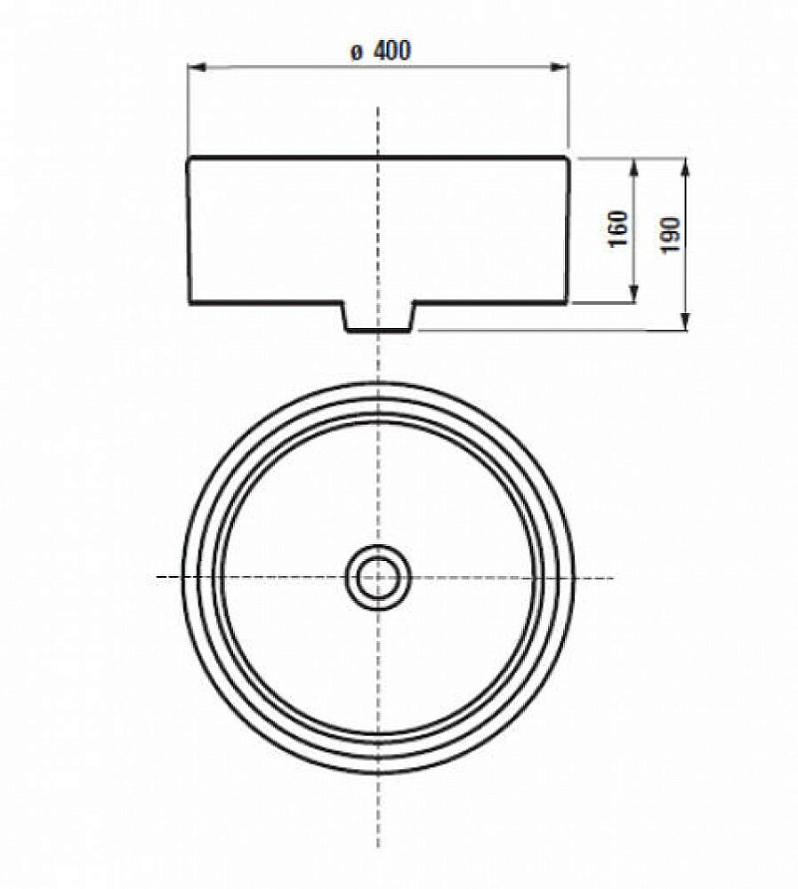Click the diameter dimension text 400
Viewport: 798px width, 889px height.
coord(392,52)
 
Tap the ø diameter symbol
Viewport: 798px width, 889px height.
coord(355,53)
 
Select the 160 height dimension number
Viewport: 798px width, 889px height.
coord(620,229)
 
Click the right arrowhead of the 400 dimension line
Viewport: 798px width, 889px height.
coord(562,68)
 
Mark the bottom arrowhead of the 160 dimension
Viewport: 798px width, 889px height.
coord(633,297)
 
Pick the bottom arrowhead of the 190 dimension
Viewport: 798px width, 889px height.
coord(685,324)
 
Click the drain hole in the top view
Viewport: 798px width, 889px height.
coord(379,578)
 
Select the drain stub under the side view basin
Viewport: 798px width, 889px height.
coord(379,317)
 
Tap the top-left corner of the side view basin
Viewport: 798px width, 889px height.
coord(189,159)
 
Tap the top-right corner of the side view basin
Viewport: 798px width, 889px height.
coord(567,159)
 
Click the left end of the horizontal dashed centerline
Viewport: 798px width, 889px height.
coord(158,578)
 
